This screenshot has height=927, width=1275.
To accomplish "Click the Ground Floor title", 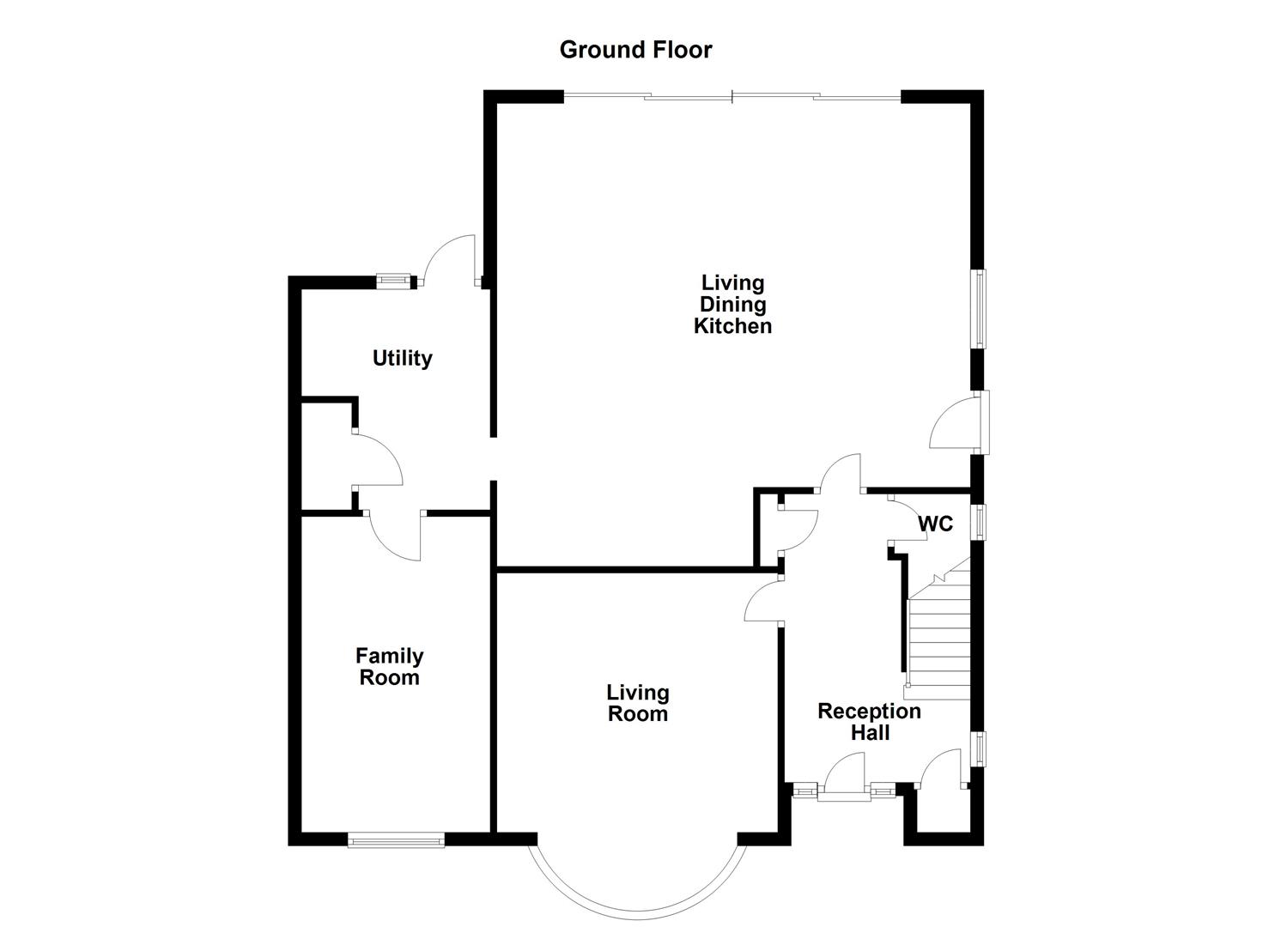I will point(635,50).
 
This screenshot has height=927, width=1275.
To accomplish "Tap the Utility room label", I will point(402,358).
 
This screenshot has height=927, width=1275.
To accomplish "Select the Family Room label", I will point(389,667).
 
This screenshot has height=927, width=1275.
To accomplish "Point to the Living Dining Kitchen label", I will point(732,304).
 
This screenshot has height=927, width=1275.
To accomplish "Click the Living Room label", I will point(637,703).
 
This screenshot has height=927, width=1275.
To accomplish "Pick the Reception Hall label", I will point(869,722).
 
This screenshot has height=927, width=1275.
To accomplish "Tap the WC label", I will point(935,524).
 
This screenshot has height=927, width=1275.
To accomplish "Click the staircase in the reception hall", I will point(938,635).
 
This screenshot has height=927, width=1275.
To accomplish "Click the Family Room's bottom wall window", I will point(396,840).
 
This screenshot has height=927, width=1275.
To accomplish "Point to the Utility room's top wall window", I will point(394,280).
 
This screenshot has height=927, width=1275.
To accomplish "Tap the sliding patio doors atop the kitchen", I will point(732,97).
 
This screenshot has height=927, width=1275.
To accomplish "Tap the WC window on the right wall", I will point(979,522).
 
